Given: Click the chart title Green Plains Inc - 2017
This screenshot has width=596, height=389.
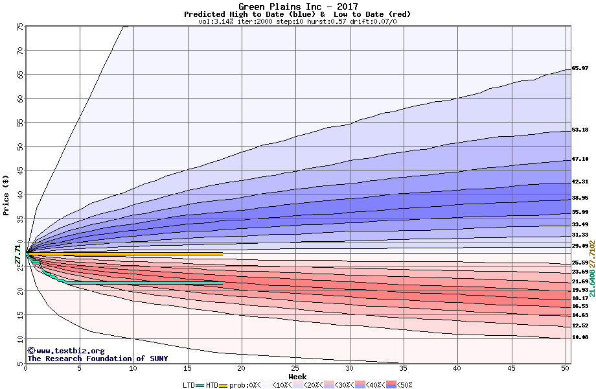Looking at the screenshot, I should pos(297,6).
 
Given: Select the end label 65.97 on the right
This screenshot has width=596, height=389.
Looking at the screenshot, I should pos(580,68).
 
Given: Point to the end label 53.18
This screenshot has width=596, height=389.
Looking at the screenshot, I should pos(580,130).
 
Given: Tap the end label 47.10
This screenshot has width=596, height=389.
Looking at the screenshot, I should pos(580,159).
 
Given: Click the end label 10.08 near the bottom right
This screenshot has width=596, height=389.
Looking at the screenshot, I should pos(580,337).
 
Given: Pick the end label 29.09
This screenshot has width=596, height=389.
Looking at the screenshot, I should pos(580,246).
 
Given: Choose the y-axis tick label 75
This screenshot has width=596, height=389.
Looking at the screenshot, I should pos(20,27).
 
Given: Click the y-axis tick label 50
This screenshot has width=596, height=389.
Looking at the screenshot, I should pos(20,147).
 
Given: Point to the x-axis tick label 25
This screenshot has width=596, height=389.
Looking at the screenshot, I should pos(295,368).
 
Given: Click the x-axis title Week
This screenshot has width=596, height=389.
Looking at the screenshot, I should pos(297,377).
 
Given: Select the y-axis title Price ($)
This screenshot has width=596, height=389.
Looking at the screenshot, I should pos(6,194).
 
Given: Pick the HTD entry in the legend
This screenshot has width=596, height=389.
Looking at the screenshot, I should pos(212,384).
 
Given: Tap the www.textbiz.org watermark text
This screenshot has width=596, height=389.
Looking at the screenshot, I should pos(62,351).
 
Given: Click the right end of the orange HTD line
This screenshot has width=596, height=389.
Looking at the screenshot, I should pos(222,254).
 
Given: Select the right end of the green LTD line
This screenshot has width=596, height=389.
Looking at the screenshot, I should pos(222,283).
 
